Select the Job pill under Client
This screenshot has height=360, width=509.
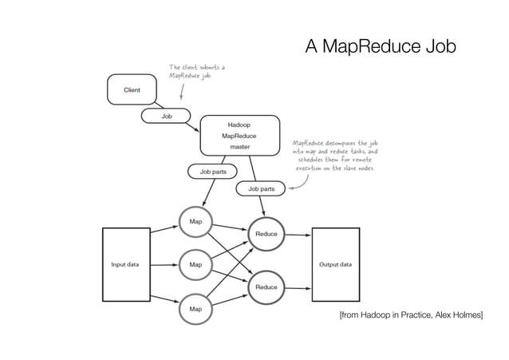click(x=167, y=116)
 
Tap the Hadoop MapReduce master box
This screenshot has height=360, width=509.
click(x=240, y=136)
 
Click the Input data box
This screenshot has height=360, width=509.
click(x=125, y=264)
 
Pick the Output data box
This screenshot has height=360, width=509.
click(x=335, y=264)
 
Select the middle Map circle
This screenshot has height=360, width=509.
click(x=195, y=262)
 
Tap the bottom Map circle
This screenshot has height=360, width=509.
click(x=195, y=307)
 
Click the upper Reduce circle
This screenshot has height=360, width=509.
click(x=266, y=234)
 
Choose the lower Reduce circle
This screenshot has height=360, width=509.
click(x=266, y=286)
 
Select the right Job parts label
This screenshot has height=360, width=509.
click(x=261, y=189)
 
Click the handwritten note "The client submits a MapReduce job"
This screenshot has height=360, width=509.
click(x=196, y=71)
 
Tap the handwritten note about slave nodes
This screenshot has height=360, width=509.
click(x=335, y=156)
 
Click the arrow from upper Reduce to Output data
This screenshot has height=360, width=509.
click(x=298, y=235)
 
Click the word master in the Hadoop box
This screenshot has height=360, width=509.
click(x=240, y=147)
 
